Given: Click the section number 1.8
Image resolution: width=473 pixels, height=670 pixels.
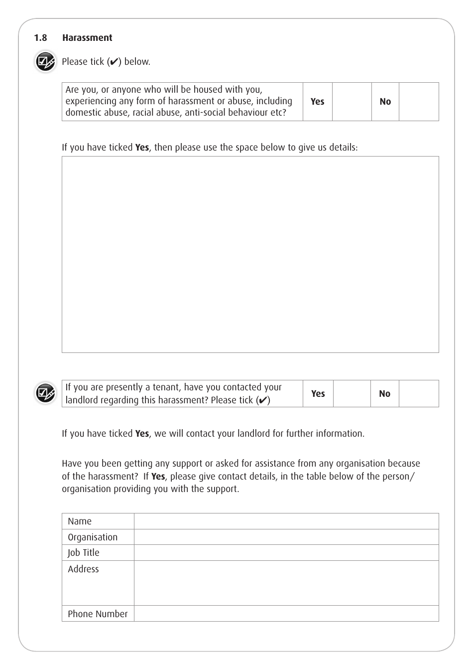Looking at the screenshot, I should click(40, 38).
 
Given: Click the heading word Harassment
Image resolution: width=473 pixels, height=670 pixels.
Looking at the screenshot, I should click(87, 38).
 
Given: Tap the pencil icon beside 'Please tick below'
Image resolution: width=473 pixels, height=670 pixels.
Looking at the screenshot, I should click(45, 62).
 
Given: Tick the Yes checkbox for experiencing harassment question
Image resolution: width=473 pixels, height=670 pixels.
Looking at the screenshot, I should click(352, 102).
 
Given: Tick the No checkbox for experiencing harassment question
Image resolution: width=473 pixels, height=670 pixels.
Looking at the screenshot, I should click(419, 102).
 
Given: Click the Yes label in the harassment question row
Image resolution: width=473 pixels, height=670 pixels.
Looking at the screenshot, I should click(317, 102).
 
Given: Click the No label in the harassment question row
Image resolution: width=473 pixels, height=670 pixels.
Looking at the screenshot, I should click(385, 102).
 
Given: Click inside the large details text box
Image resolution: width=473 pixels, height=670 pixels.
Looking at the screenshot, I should click(250, 254).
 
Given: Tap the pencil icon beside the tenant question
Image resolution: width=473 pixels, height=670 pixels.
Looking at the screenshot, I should click(45, 393).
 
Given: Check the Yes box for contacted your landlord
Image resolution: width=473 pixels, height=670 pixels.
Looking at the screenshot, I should click(352, 393).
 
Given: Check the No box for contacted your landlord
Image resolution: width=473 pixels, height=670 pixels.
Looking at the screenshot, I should click(419, 393).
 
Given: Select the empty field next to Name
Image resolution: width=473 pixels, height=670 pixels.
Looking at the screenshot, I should click(286, 521).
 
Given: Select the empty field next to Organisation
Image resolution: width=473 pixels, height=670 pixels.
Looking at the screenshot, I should click(286, 537).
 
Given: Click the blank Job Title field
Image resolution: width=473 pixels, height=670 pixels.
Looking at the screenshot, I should click(286, 552).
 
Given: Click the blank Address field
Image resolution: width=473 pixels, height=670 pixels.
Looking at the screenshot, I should click(286, 583).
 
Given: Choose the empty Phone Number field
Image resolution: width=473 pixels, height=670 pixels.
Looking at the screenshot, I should click(286, 614).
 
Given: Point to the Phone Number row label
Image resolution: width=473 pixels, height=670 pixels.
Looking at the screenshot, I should click(98, 614).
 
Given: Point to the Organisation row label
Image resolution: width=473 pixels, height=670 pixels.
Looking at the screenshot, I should click(93, 537).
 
